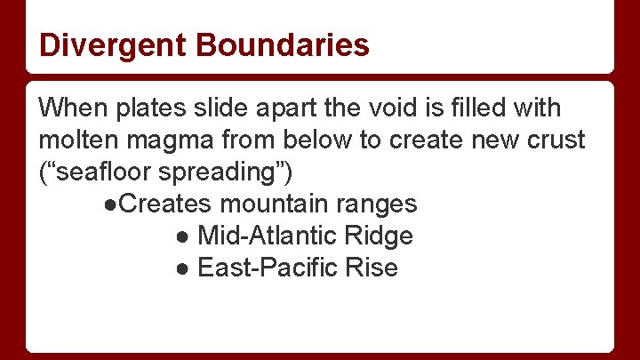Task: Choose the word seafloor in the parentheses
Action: [104, 172]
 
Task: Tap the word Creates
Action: [164, 204]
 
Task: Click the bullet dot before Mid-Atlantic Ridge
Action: [181, 236]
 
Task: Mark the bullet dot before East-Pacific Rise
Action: [181, 268]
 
